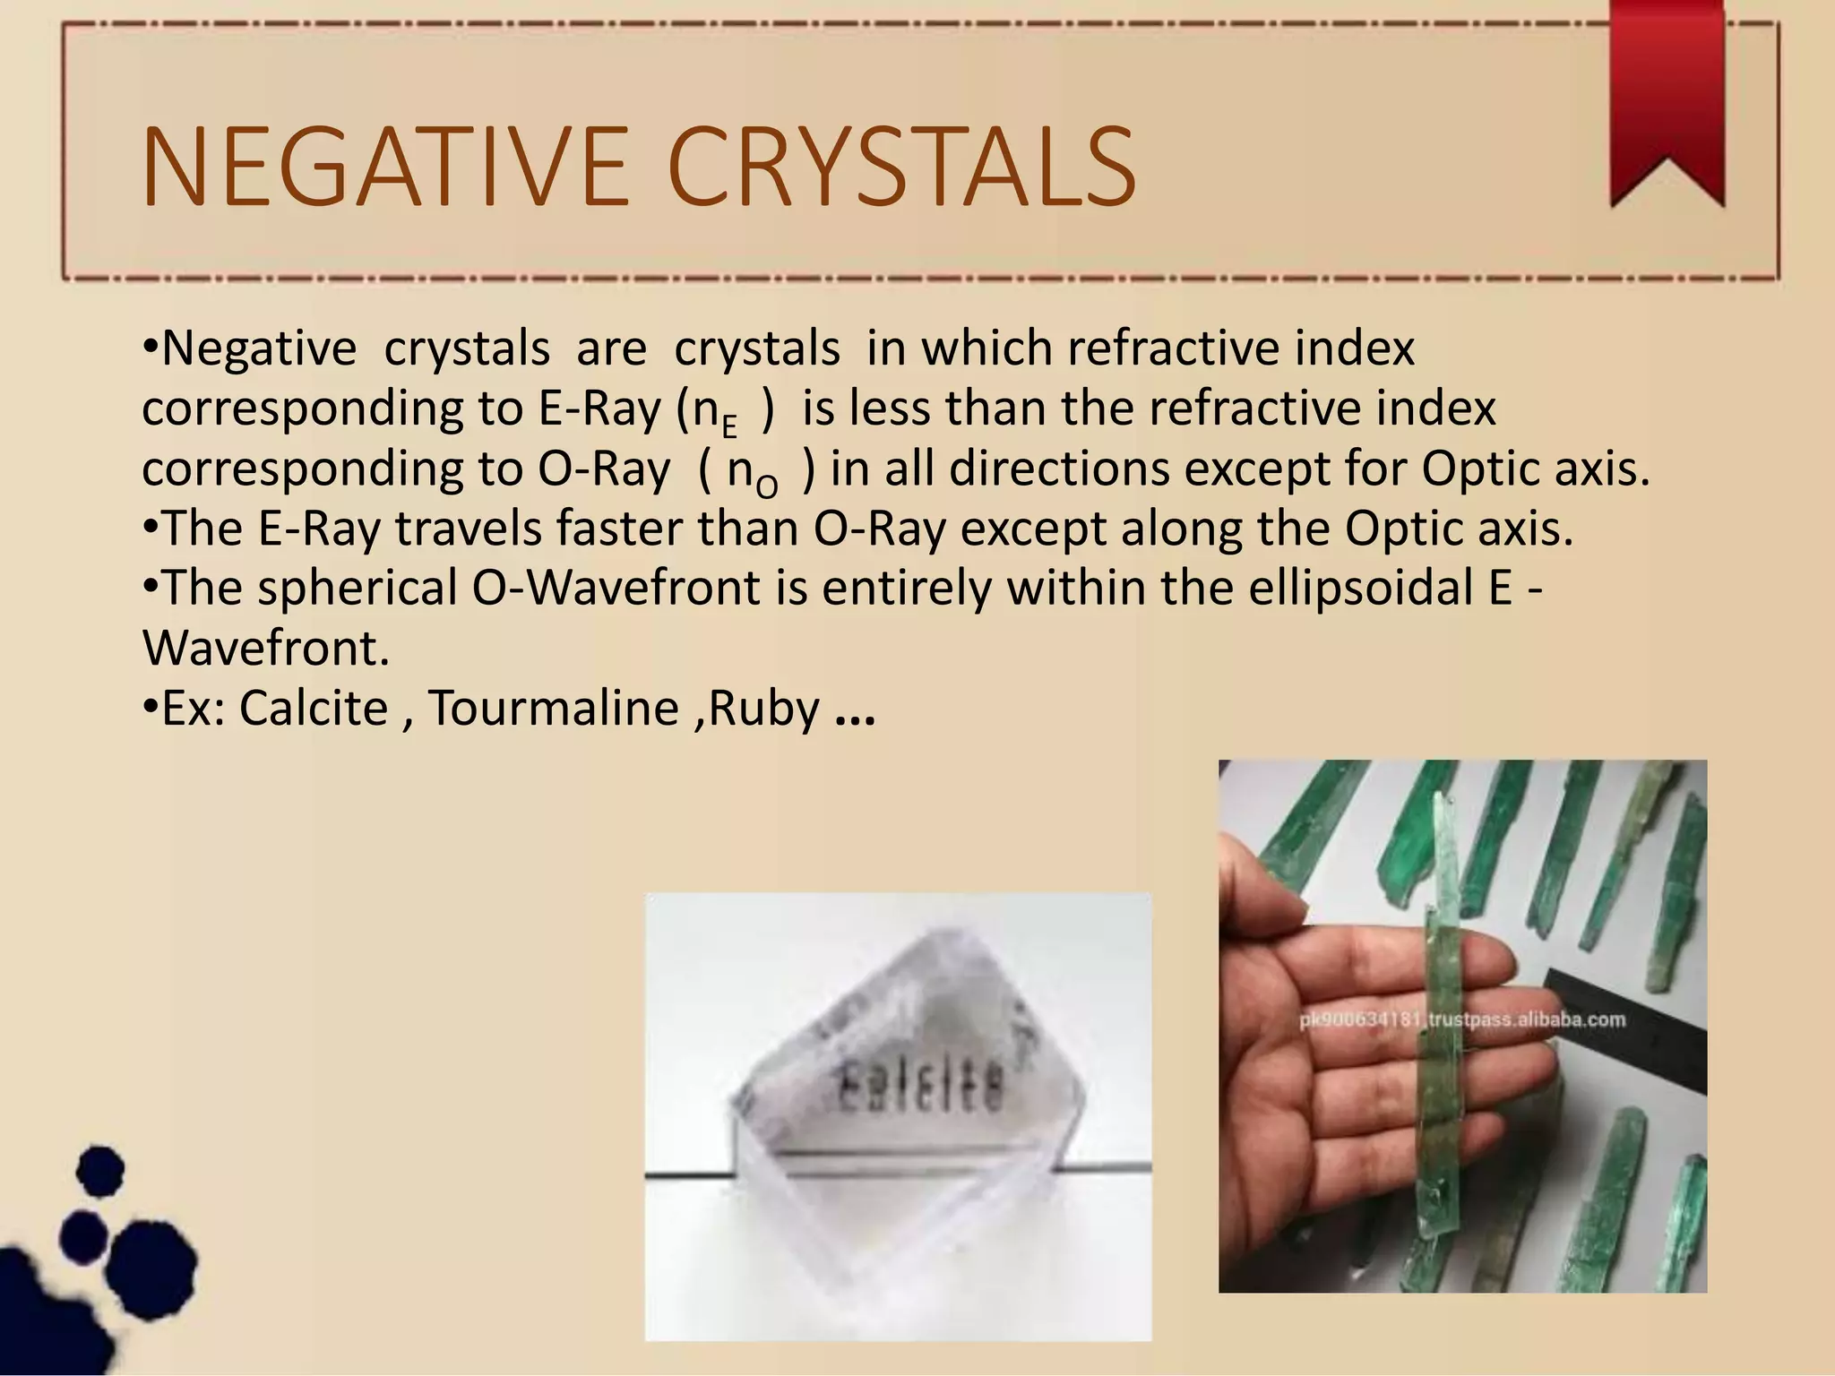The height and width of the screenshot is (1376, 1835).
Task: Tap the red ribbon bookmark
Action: tap(1667, 99)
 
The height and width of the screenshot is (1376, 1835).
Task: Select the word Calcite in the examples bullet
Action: tap(314, 709)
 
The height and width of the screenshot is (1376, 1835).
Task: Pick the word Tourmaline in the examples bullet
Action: tap(554, 709)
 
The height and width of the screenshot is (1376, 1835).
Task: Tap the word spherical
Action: tap(357, 589)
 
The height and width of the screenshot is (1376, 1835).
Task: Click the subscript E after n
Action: tap(729, 427)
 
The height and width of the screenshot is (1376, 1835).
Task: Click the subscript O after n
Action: tap(767, 487)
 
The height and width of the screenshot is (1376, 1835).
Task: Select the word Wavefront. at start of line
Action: tap(266, 649)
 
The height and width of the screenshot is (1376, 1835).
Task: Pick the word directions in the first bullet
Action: tap(1058, 469)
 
